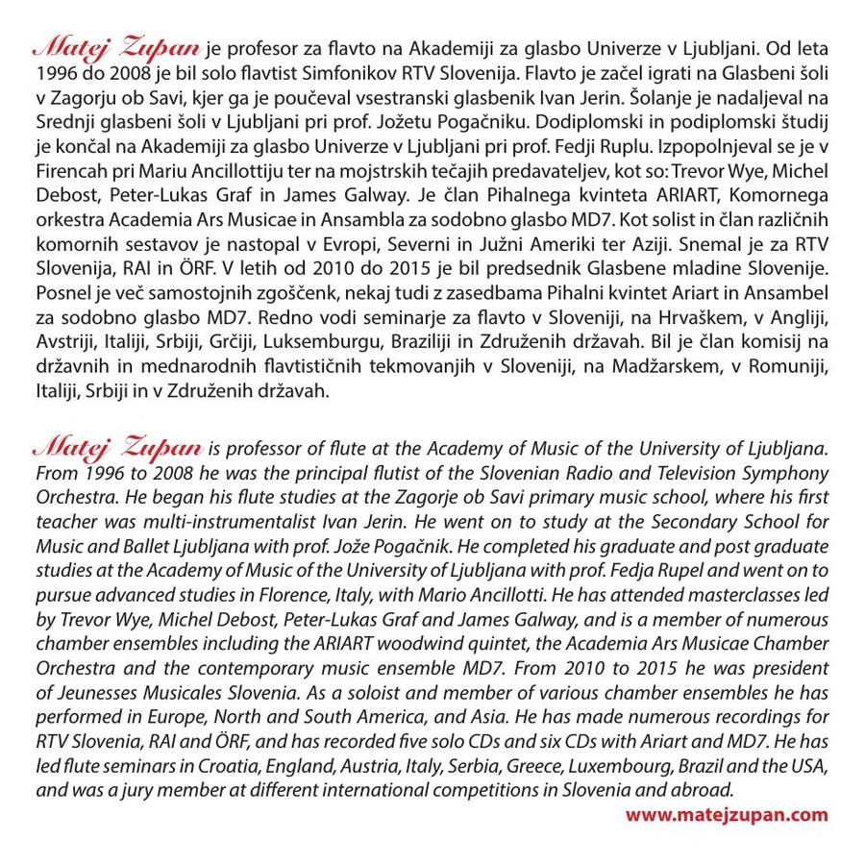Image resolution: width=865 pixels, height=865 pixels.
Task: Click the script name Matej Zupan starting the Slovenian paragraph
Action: coord(117,47)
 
